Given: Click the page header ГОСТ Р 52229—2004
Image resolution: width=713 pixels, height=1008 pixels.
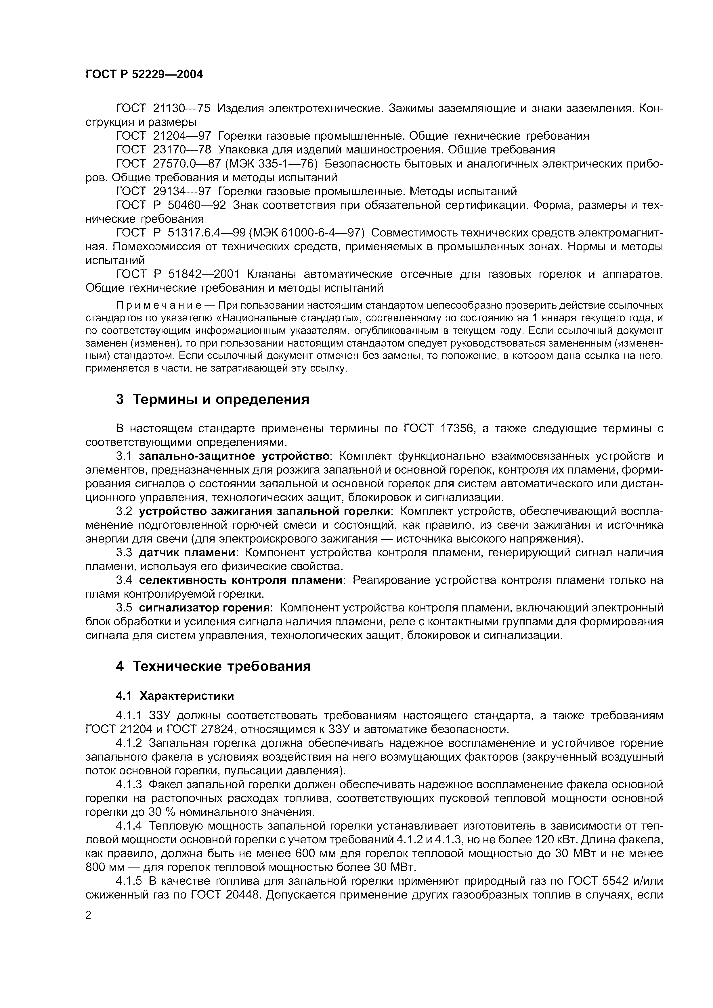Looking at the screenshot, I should pyautogui.click(x=144, y=74).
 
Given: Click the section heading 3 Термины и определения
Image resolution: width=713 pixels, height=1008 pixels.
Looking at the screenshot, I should pyautogui.click(x=212, y=399).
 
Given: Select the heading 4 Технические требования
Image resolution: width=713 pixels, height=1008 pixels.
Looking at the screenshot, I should pyautogui.click(x=213, y=666).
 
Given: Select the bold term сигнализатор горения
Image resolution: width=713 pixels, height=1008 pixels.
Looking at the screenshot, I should pyautogui.click(x=204, y=608).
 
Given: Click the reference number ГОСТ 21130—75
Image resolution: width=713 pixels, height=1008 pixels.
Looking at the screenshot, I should pyautogui.click(x=163, y=108).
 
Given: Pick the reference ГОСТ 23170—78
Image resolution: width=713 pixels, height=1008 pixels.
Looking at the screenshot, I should pyautogui.click(x=163, y=150).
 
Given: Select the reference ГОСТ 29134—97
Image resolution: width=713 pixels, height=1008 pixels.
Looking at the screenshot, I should pyautogui.click(x=163, y=191).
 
